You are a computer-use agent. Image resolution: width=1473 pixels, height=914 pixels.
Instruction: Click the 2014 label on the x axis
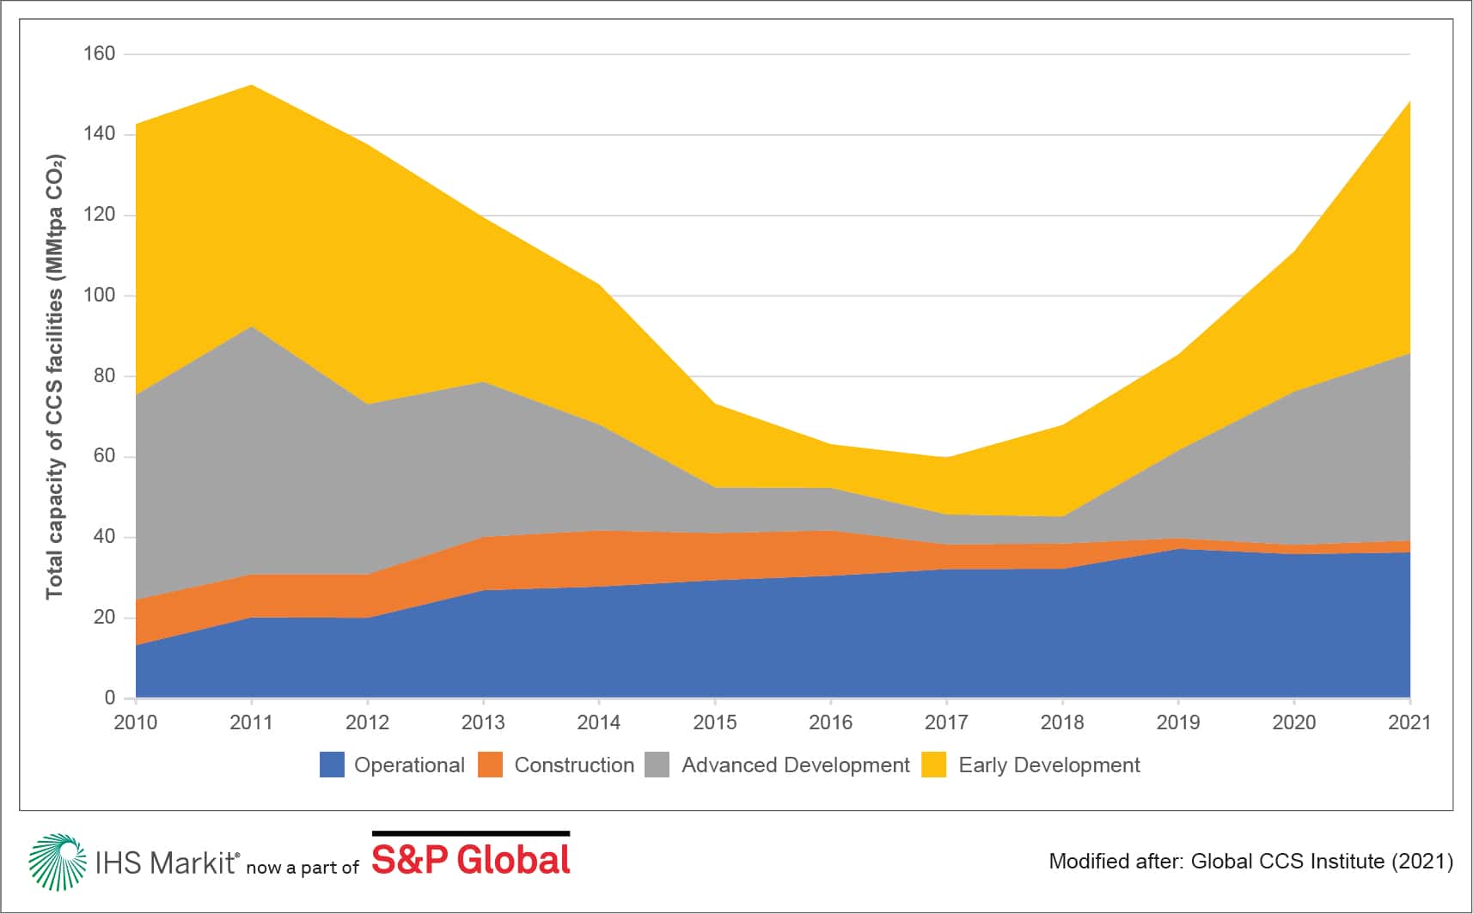(598, 722)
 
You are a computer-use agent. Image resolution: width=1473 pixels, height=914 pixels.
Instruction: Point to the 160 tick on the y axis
(99, 53)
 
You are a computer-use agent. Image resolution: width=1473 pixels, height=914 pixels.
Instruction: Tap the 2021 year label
(1409, 722)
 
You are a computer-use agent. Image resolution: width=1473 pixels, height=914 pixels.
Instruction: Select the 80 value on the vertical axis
(103, 375)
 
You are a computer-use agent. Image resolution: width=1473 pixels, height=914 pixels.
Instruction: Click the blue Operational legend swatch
(332, 765)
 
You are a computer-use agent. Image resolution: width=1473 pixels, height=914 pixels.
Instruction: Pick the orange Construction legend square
(490, 765)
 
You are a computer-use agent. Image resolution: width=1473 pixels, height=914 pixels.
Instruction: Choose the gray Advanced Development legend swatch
(657, 765)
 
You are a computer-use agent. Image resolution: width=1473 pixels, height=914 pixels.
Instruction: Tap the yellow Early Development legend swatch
(934, 765)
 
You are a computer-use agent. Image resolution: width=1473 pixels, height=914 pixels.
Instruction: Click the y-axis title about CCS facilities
(55, 376)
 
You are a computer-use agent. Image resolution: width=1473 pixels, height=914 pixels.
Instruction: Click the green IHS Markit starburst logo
(57, 862)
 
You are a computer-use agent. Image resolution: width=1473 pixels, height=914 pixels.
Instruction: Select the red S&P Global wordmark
(471, 861)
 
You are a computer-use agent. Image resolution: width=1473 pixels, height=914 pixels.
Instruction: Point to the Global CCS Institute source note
(1250, 861)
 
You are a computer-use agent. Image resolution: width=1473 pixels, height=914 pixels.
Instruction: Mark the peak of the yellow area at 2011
(251, 85)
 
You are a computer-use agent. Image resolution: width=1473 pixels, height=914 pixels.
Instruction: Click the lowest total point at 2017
(946, 457)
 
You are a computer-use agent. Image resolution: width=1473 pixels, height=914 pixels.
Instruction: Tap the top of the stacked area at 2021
(1409, 101)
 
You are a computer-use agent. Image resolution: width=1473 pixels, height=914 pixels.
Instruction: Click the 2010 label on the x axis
(136, 722)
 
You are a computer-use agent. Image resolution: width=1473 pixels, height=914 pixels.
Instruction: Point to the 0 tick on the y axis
(109, 698)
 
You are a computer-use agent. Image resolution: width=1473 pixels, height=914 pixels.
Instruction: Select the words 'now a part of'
(303, 868)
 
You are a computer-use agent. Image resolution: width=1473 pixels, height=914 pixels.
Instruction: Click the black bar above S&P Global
(471, 833)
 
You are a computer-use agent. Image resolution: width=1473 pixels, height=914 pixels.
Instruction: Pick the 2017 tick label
(946, 722)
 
